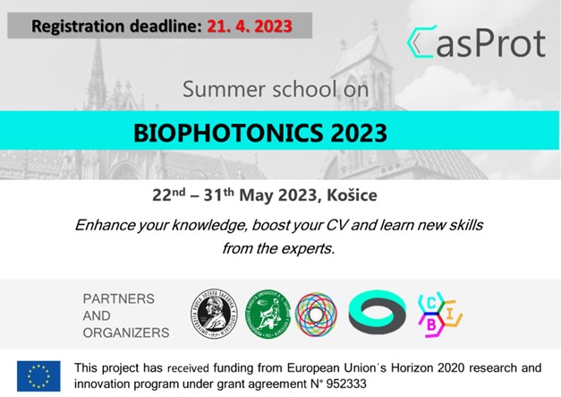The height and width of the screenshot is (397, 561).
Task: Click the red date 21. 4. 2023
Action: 250,26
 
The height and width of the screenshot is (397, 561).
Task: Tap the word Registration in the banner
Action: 78,27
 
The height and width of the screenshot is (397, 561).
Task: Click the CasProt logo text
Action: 476,42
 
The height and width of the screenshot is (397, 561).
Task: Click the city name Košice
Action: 352,195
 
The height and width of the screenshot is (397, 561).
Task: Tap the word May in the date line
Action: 257,195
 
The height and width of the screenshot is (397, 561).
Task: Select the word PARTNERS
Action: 118,298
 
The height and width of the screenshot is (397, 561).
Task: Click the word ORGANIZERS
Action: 126,332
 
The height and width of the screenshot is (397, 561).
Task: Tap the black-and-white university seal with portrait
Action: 214,314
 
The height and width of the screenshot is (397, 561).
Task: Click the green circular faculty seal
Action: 268,315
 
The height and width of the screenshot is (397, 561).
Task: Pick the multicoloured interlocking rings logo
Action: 316,315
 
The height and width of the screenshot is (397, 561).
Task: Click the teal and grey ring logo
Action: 377,312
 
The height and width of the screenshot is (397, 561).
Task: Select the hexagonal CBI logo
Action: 440,315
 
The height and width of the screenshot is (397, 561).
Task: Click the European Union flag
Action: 38,375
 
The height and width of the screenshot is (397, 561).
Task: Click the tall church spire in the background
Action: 98,72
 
